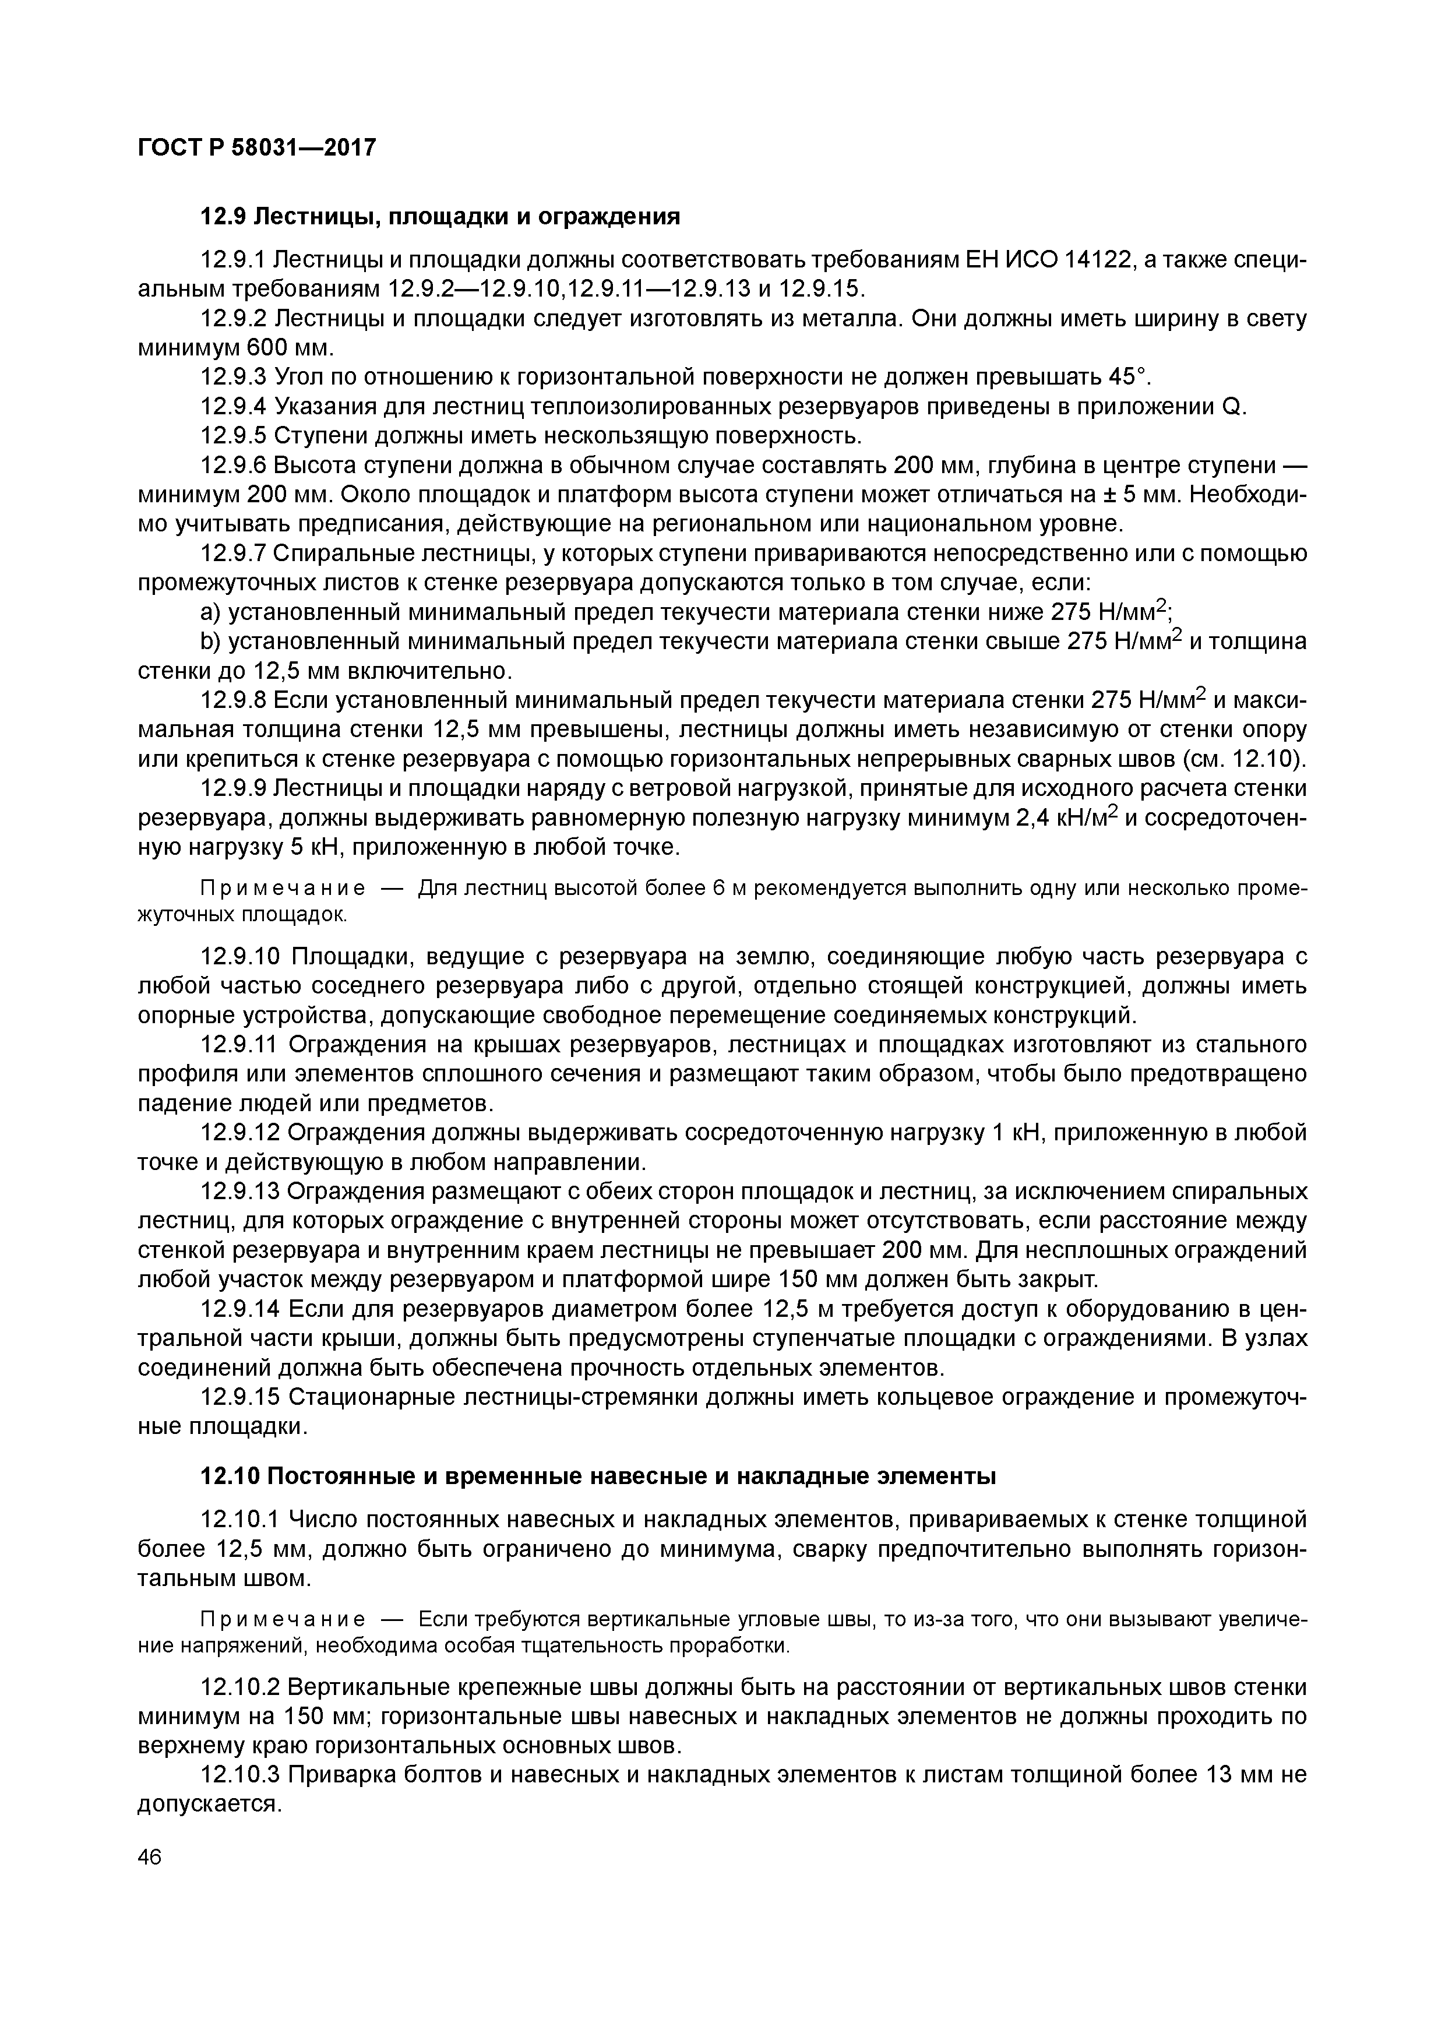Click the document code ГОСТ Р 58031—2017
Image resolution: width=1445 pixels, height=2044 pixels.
(256, 147)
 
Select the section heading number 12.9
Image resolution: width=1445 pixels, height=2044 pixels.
(224, 216)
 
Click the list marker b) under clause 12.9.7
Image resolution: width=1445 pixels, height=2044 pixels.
(210, 642)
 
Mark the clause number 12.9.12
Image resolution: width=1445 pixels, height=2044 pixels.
(241, 1133)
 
